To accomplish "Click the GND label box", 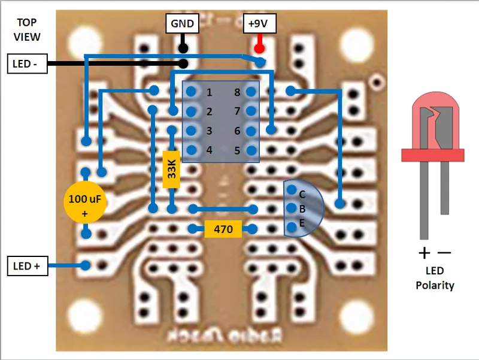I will tap(183, 24).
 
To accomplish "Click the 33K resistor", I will tap(171, 170).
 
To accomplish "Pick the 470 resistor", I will tap(223, 229).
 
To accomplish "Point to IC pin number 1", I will tap(210, 92).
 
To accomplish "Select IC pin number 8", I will tap(237, 92).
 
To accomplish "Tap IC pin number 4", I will tap(210, 150).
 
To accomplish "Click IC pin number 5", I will tap(237, 150).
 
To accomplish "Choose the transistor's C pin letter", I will tap(302, 195).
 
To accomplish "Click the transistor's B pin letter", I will tap(302, 209).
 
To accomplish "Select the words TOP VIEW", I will tap(28, 30).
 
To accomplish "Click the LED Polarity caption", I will tap(435, 278).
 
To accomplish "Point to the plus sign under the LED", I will tap(425, 252).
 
